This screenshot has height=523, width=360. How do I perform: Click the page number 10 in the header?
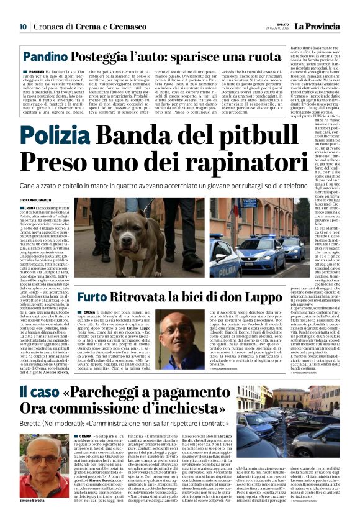(x=23, y=26)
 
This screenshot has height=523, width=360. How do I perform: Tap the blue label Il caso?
(x=39, y=393)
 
